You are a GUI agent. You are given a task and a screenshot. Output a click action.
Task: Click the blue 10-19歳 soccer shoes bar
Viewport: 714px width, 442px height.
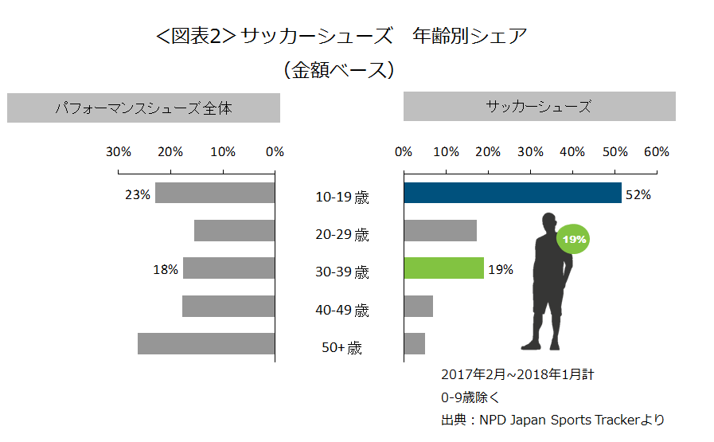click(512, 194)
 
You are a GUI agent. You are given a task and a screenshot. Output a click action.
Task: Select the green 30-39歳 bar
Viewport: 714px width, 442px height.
click(443, 268)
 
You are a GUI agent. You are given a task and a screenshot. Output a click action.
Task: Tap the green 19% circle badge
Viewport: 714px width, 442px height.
click(575, 239)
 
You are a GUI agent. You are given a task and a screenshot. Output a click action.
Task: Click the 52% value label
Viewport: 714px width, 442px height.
click(638, 194)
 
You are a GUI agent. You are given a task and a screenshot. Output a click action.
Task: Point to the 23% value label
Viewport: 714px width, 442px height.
click(137, 194)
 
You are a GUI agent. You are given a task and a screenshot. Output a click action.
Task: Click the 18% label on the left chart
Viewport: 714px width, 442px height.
click(165, 269)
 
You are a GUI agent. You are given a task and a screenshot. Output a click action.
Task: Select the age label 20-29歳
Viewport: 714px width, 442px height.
click(342, 235)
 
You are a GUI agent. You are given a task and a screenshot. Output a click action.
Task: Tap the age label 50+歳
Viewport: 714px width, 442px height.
click(342, 348)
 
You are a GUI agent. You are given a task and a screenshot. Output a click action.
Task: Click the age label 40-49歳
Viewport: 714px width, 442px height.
click(342, 311)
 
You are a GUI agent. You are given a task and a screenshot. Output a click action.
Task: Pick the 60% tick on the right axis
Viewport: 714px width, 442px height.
click(657, 152)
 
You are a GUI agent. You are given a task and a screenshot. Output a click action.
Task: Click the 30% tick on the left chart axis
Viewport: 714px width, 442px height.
click(119, 152)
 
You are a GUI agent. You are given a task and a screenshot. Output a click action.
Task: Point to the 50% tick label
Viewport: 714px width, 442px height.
click(615, 152)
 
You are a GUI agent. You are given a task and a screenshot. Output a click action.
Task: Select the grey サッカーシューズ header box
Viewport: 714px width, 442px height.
click(539, 107)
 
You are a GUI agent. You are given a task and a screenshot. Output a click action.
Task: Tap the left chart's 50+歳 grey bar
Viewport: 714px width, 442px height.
click(206, 344)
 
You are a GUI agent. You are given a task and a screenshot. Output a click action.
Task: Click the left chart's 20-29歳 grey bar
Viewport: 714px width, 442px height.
click(234, 231)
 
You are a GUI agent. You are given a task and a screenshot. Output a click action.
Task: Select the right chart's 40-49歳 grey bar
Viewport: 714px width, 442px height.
click(418, 307)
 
